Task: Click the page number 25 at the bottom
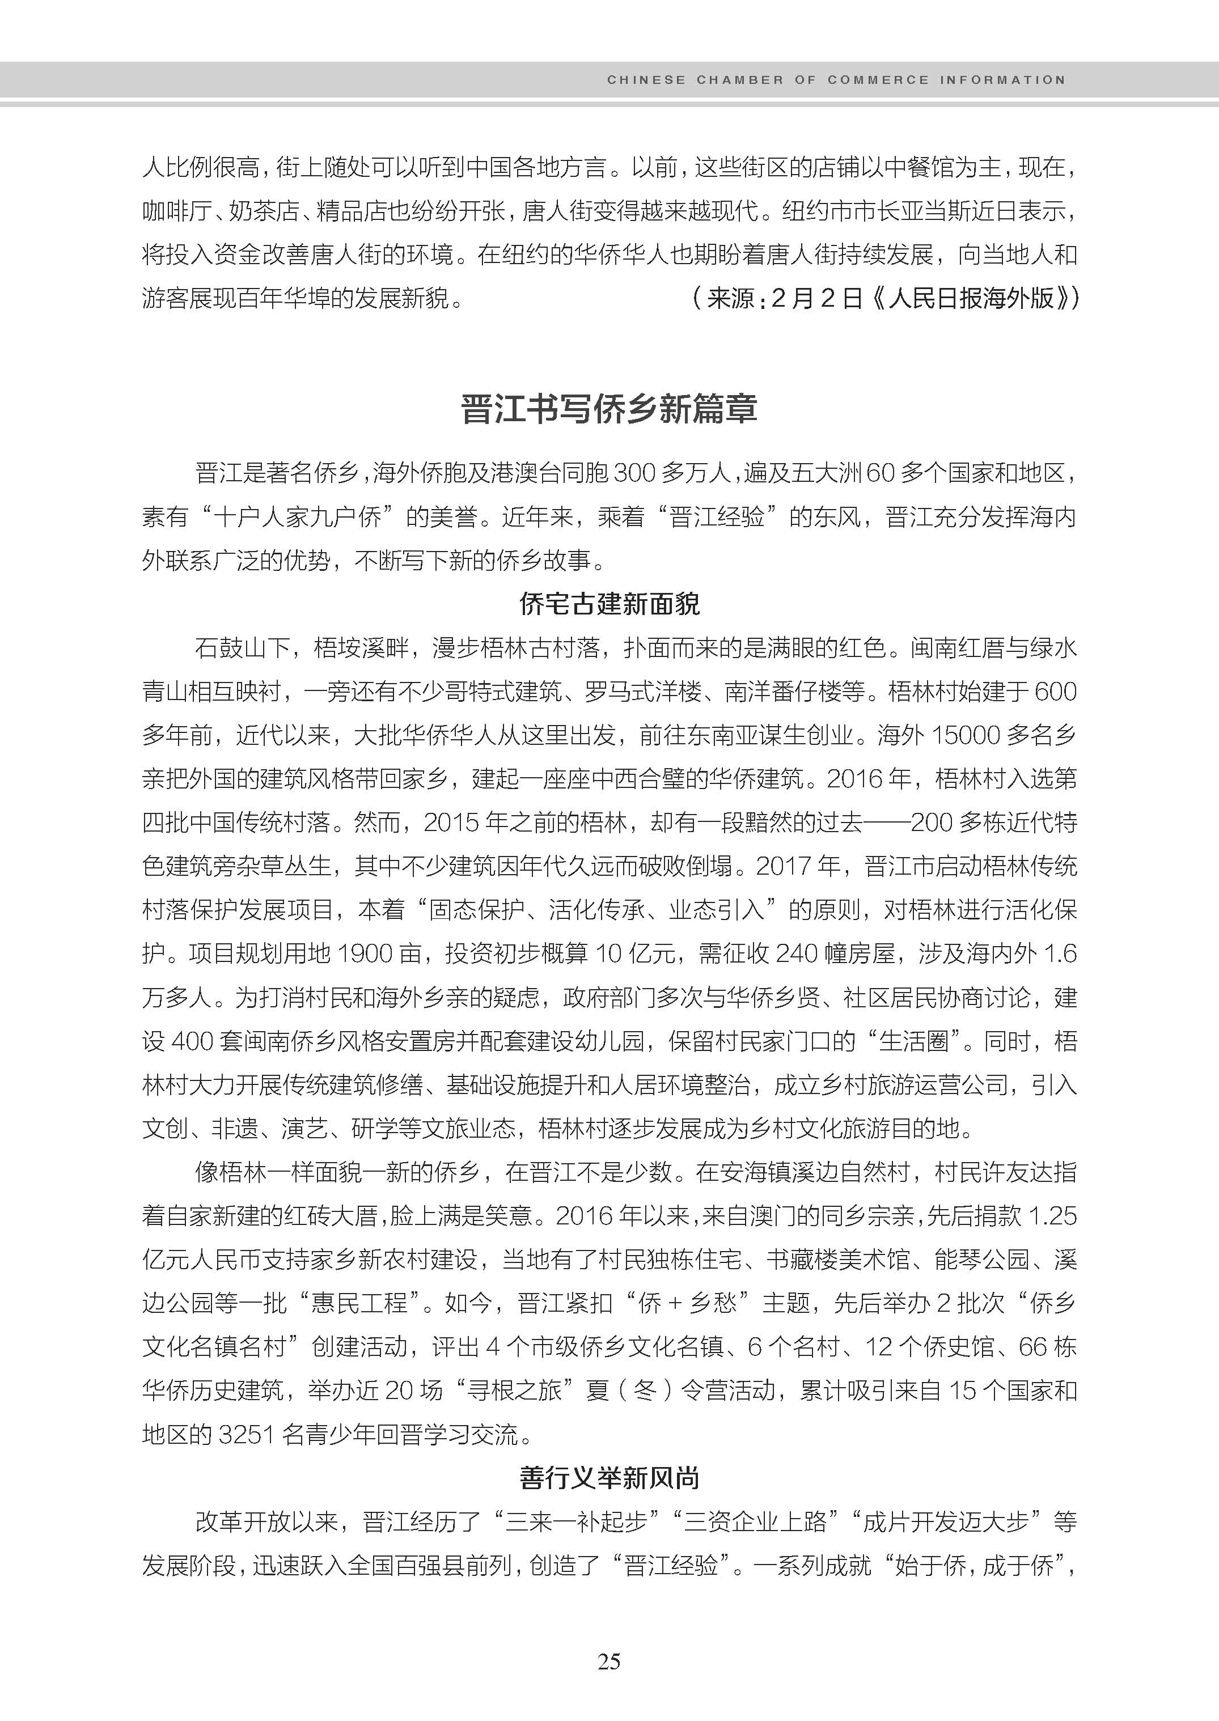click(x=609, y=1661)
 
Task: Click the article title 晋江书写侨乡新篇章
click(x=609, y=409)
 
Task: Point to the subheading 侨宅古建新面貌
click(x=609, y=604)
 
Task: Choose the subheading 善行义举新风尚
click(x=609, y=1478)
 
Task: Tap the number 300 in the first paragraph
click(x=633, y=473)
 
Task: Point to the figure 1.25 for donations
click(x=1052, y=1216)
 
